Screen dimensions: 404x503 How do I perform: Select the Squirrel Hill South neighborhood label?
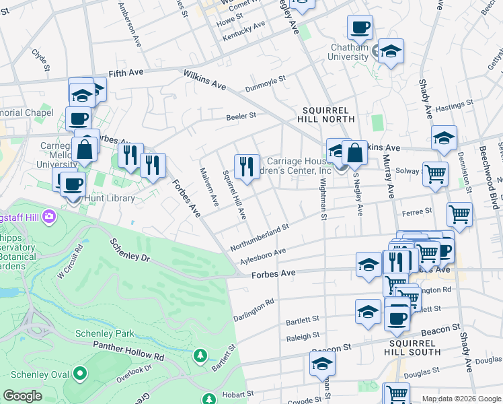click(x=413, y=347)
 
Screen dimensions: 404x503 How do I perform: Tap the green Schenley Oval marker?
click(x=80, y=373)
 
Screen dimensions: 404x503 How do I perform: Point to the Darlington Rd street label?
click(x=254, y=309)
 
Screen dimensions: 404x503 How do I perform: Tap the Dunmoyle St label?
click(x=266, y=83)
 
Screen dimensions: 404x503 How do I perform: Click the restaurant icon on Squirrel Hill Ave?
click(x=247, y=166)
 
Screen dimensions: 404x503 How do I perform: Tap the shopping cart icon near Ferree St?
click(x=459, y=214)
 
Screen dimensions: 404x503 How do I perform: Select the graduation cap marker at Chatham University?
click(x=390, y=51)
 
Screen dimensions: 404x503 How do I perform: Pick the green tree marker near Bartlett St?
click(x=200, y=354)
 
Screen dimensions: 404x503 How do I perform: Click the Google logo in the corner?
click(x=23, y=396)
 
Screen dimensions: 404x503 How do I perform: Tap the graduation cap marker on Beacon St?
click(x=322, y=364)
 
